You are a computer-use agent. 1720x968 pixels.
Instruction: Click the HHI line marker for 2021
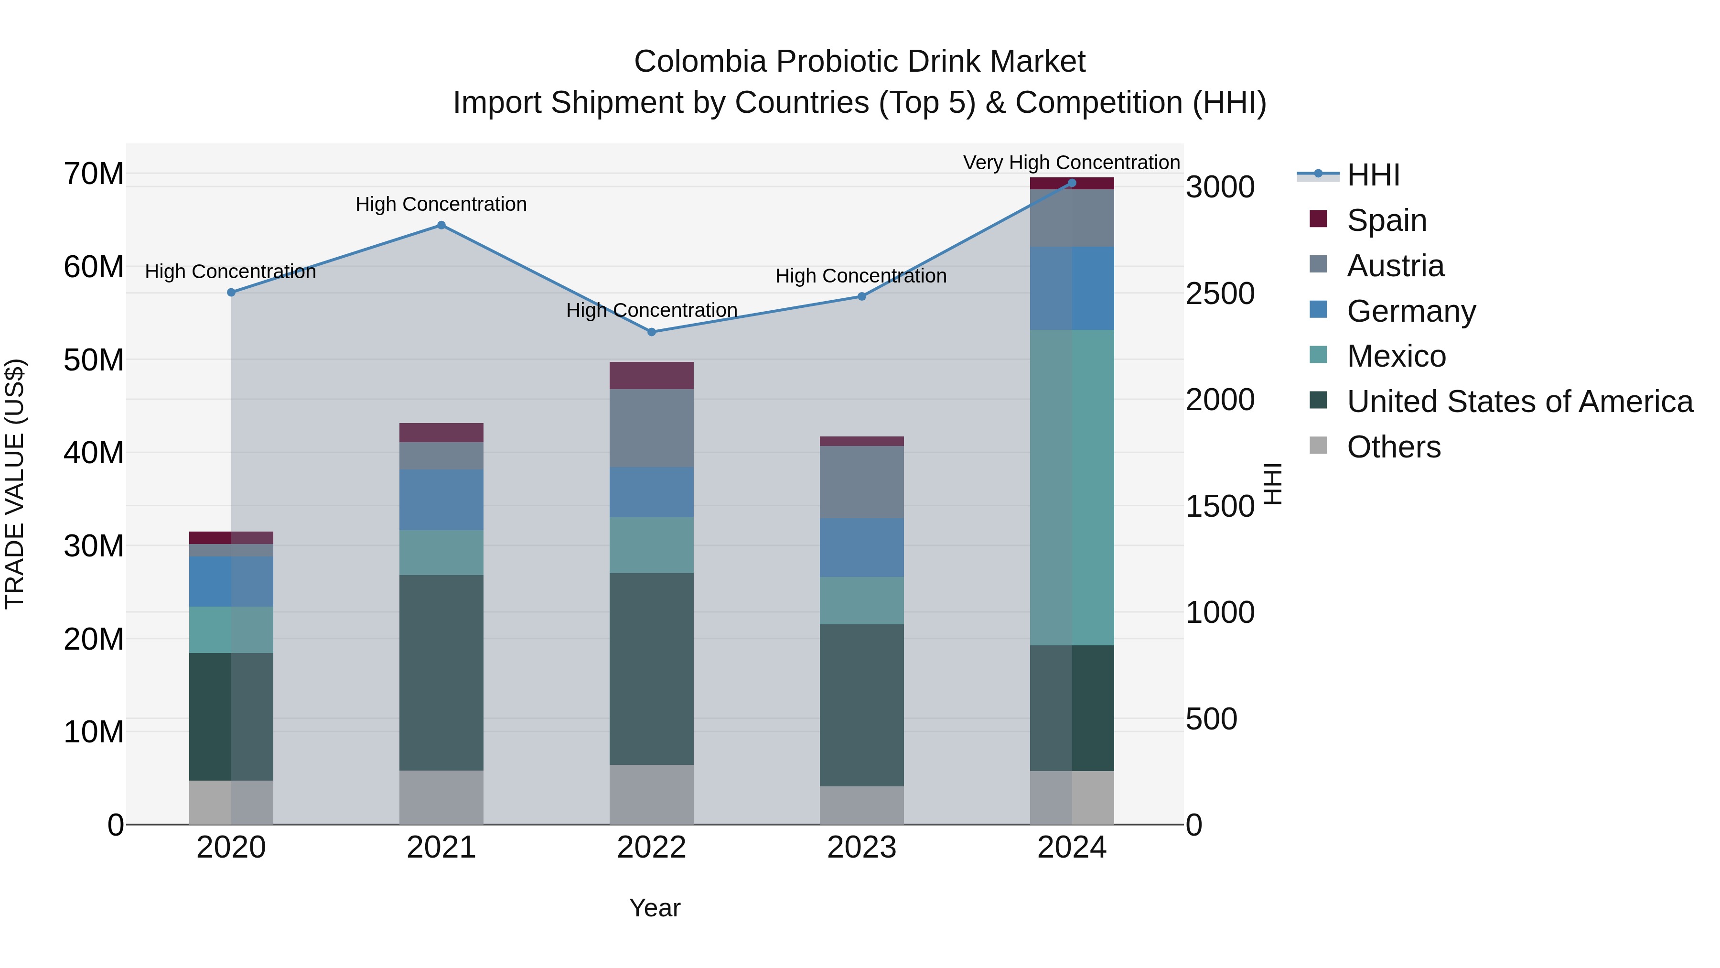[x=441, y=225]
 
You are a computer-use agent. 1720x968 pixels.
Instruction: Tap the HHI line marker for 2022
[x=652, y=332]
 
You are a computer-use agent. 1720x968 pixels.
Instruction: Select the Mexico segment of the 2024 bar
[x=1072, y=487]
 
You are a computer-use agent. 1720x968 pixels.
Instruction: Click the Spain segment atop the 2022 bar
[x=652, y=375]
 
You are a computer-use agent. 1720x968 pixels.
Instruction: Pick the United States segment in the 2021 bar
[x=441, y=672]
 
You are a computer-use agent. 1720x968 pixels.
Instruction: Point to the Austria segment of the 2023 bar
[x=861, y=482]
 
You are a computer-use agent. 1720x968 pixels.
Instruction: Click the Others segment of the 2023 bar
[x=861, y=805]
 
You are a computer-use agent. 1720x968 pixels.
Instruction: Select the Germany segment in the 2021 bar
[x=441, y=500]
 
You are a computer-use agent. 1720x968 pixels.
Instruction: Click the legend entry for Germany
[x=1411, y=311]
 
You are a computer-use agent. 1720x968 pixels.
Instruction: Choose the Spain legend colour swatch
[x=1318, y=218]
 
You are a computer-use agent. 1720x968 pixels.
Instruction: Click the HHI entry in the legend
[x=1373, y=175]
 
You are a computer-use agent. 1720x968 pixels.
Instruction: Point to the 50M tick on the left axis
[x=94, y=360]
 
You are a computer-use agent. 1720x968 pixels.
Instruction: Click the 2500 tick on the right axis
[x=1219, y=294]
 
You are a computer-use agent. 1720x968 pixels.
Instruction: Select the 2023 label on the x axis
[x=861, y=848]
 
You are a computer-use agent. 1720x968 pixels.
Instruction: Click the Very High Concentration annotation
[x=1071, y=163]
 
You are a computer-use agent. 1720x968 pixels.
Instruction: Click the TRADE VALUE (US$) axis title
[x=15, y=484]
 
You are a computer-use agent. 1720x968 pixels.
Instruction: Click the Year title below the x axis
[x=655, y=908]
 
